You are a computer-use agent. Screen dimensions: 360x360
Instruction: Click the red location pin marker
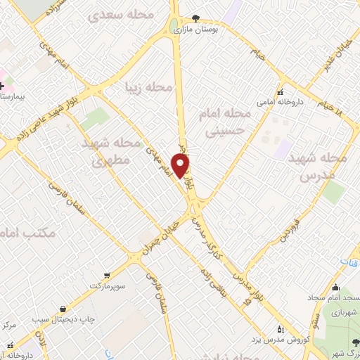[x=181, y=166]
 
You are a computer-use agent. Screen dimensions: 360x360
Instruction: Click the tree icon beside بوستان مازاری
[x=195, y=19]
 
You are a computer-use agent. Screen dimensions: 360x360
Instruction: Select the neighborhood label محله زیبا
[x=148, y=87]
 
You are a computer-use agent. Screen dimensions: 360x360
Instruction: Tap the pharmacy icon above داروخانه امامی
[x=280, y=92]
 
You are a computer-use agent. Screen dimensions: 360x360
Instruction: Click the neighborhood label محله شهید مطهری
[x=102, y=151]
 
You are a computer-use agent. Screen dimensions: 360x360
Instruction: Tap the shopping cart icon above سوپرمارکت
[x=107, y=276]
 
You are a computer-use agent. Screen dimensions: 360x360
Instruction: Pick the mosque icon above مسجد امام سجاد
[x=335, y=287]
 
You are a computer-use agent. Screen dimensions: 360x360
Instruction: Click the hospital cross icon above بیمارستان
[x=2, y=84]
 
